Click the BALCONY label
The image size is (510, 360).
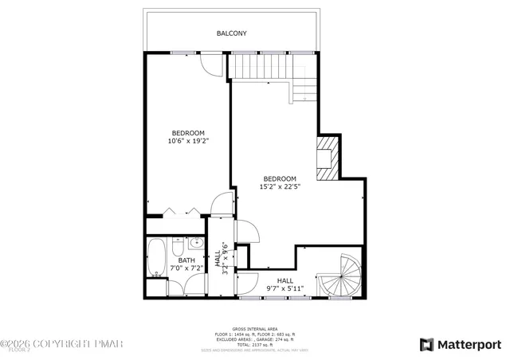[x=232, y=33]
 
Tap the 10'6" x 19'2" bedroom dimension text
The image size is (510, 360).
[x=187, y=141]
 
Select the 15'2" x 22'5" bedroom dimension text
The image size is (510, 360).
[x=279, y=186]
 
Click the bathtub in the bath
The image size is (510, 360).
[x=156, y=257]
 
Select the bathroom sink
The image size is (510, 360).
[x=195, y=243]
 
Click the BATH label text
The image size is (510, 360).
[x=186, y=260]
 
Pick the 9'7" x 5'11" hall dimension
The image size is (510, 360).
[x=284, y=288]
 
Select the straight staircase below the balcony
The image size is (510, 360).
[x=259, y=67]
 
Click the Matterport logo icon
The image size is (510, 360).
[x=427, y=344]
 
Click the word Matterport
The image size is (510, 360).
[x=469, y=344]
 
